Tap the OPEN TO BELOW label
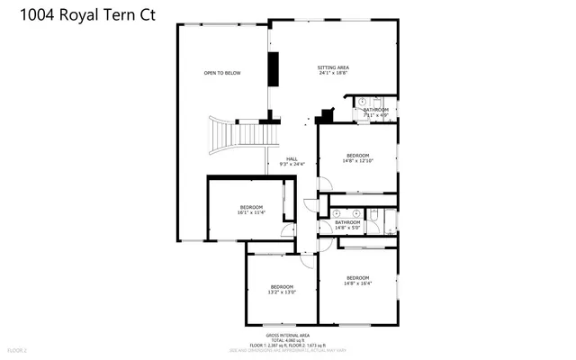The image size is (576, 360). [221, 72]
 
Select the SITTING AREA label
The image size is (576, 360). [333, 67]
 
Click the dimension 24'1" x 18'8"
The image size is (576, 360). [333, 74]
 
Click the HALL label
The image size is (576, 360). [292, 158]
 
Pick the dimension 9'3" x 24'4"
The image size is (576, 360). [292, 164]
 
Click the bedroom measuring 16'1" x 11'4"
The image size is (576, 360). [251, 210]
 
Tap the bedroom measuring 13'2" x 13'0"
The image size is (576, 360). [282, 289]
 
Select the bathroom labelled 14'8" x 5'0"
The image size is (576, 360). [348, 224]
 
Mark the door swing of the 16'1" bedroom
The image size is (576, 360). [290, 232]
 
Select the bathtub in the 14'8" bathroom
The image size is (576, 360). [390, 220]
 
